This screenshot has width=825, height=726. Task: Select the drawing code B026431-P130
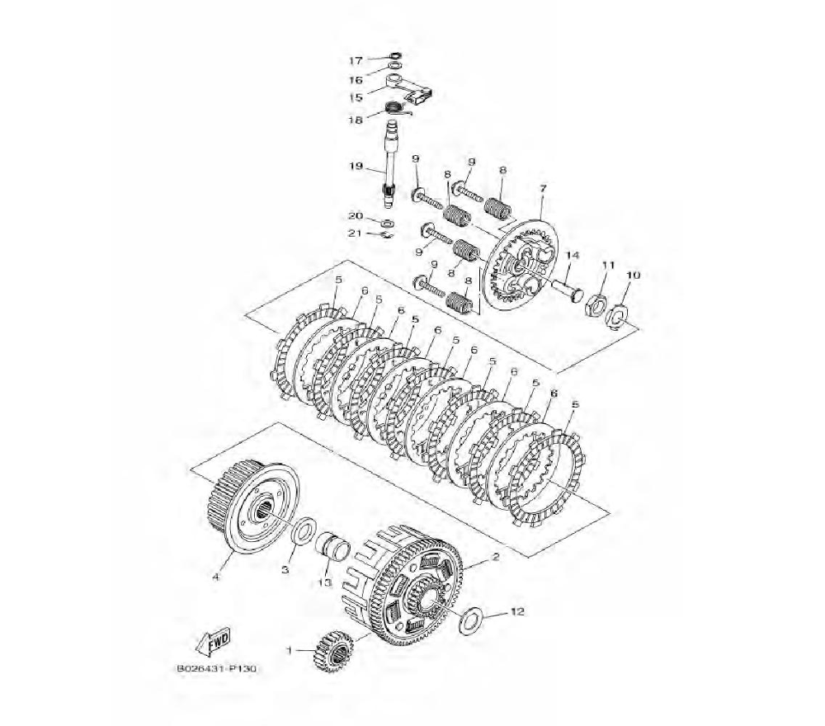click(216, 668)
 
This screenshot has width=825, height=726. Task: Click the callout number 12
click(518, 612)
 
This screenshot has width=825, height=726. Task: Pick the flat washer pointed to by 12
click(469, 620)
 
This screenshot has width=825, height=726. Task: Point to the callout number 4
click(215, 577)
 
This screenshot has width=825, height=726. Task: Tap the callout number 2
click(494, 556)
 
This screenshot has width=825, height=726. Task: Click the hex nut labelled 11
click(596, 306)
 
